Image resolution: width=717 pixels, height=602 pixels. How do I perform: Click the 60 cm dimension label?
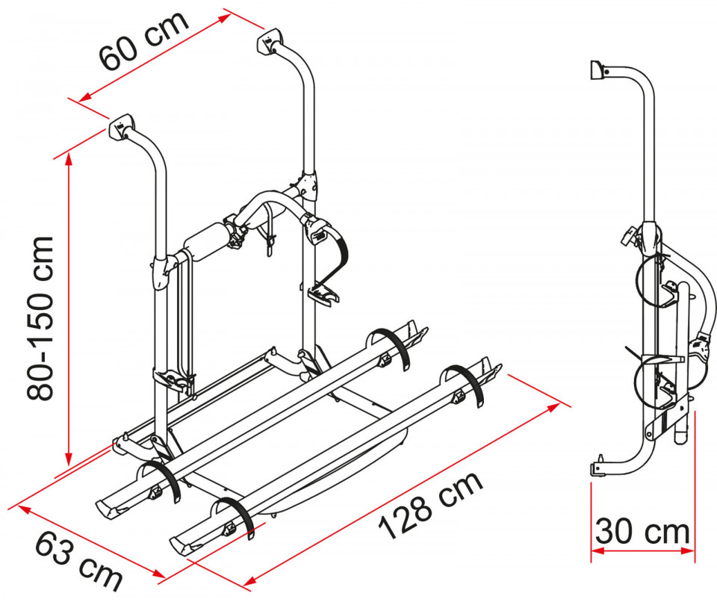point(143,41)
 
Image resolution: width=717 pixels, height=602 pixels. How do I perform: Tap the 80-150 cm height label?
point(40,319)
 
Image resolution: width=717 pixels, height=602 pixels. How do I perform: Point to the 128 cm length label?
point(430,505)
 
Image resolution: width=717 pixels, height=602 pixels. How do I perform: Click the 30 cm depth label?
point(642,532)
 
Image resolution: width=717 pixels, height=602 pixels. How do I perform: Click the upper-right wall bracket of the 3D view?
point(270,42)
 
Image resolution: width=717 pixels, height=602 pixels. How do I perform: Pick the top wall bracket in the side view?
point(598,71)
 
